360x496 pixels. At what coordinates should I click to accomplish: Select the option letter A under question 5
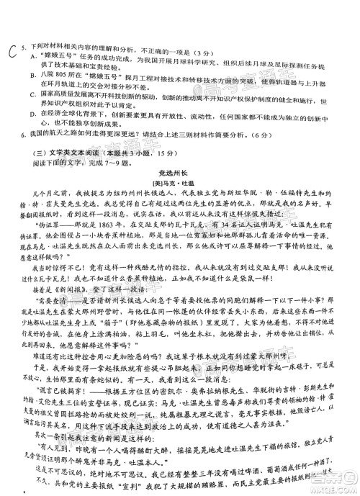click(33, 55)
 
